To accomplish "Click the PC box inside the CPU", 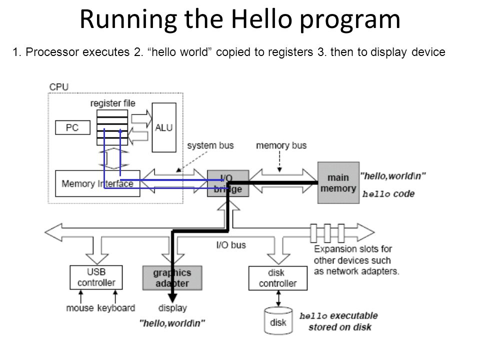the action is pos(72,127).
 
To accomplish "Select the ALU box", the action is pos(164,127).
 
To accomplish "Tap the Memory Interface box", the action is pos(97,183).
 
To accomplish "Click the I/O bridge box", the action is pos(228,183).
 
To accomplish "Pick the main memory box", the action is pos(338,183).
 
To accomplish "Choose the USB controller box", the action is pos(96,277).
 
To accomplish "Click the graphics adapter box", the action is pos(172,278).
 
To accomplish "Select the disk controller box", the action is pos(277,278).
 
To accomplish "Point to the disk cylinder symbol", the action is pos(278,321).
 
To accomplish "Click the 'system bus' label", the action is pos(210,145).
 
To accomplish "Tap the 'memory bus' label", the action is pos(281,145).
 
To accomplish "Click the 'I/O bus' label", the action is pos(231,245).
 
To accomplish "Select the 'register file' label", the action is pos(112,103).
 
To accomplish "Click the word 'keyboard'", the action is pos(116,307).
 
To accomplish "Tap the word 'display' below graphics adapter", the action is pos(172,308).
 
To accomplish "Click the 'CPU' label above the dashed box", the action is pos(59,87).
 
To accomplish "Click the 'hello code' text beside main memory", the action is pos(388,194).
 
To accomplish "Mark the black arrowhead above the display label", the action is pos(172,298).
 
